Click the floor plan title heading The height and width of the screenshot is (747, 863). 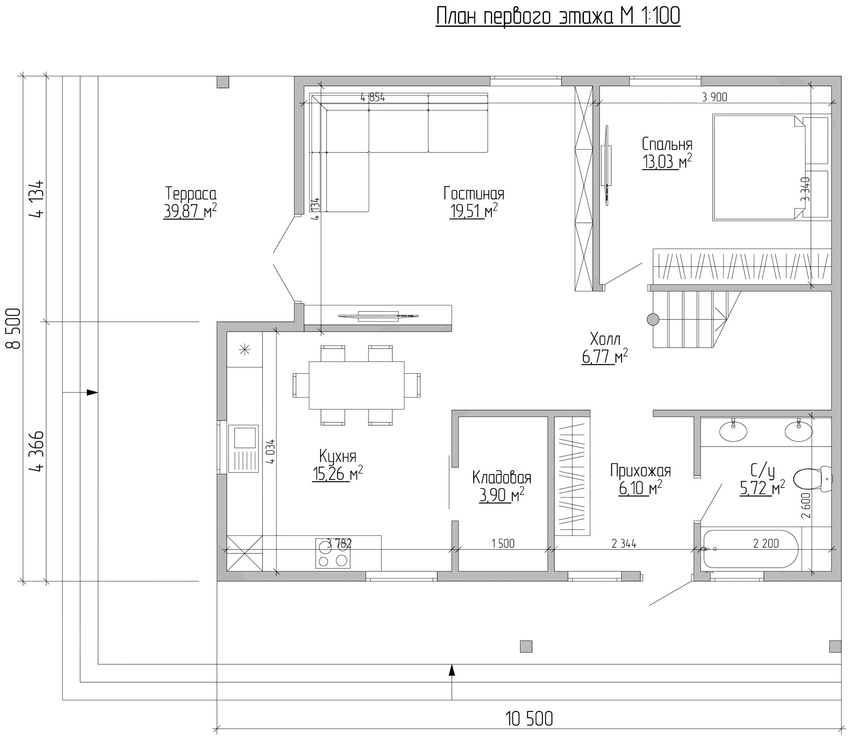tap(558, 16)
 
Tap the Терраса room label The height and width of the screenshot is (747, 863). tap(191, 194)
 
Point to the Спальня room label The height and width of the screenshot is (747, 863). tap(667, 144)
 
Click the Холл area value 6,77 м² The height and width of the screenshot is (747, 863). tap(605, 356)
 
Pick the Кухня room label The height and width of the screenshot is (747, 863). tap(338, 456)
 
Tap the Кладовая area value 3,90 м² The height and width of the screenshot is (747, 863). tap(502, 495)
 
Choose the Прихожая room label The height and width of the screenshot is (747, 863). tap(641, 471)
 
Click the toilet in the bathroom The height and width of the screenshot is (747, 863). tap(813, 479)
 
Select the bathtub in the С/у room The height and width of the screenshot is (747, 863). tap(750, 549)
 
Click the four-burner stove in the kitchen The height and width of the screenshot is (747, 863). tap(333, 553)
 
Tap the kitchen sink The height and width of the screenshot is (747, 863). tap(243, 448)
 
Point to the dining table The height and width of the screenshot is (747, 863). tap(356, 385)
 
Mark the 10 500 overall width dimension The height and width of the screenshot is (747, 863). tap(529, 719)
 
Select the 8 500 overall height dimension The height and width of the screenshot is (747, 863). tap(13, 328)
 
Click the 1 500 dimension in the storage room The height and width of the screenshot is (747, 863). tap(503, 544)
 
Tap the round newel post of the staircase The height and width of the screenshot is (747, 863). tap(653, 319)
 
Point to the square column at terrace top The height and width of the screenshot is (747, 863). tap(222, 82)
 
